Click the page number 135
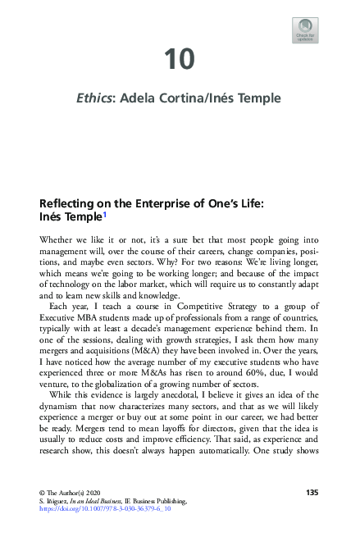point(312,492)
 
